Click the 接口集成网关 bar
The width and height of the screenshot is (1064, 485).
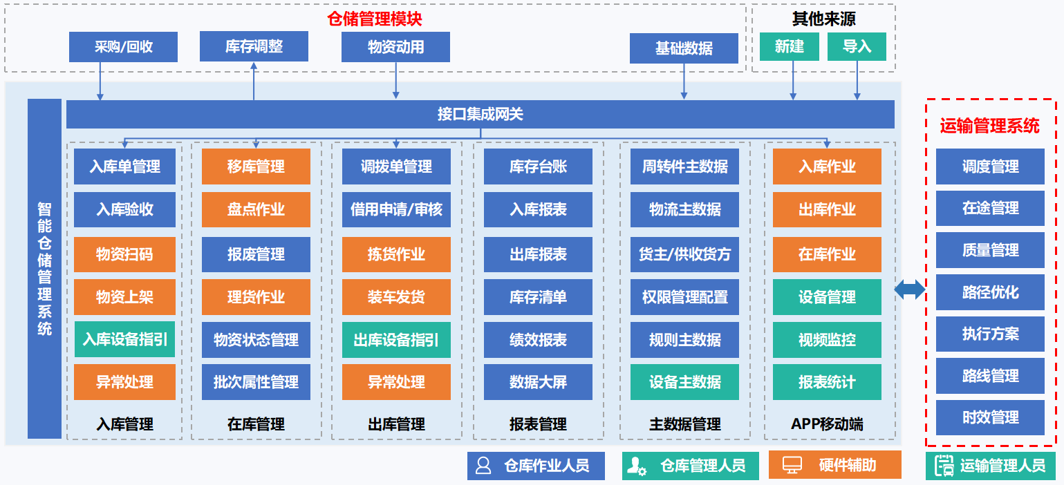click(480, 114)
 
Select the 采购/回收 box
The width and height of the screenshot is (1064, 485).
click(124, 47)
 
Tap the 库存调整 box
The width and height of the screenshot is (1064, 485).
click(254, 46)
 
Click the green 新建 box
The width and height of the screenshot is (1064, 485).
click(790, 46)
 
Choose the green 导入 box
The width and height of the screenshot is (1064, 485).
click(857, 46)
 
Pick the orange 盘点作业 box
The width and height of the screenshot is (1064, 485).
click(256, 209)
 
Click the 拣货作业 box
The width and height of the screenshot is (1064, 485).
click(396, 254)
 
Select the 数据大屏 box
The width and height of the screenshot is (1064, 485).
click(538, 382)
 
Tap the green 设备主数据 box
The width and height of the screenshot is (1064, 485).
click(684, 382)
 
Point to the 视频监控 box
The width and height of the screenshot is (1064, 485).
click(827, 340)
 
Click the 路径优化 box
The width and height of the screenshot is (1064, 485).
click(991, 292)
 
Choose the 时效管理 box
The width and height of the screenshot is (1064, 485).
click(991, 417)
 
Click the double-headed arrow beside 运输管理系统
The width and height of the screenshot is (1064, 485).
click(910, 289)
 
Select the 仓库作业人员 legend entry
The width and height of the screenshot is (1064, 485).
click(536, 466)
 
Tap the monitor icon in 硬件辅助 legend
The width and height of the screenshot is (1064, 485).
click(792, 465)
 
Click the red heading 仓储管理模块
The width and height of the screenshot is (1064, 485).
click(374, 19)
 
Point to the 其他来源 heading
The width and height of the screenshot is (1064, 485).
click(823, 19)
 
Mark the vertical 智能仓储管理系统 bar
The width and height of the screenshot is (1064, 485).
click(45, 269)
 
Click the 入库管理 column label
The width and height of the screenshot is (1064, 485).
click(125, 424)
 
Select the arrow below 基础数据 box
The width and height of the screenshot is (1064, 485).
click(684, 81)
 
